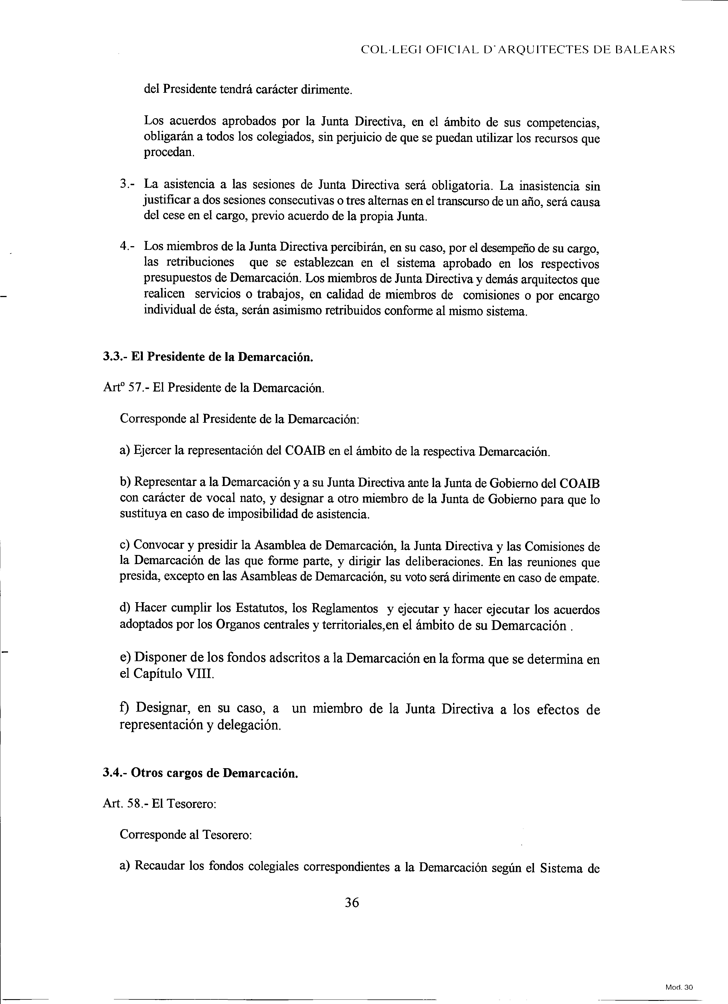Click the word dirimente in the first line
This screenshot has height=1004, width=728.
[x=326, y=90]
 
